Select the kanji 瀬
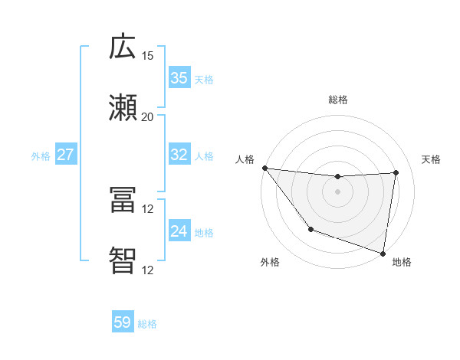pyautogui.click(x=123, y=107)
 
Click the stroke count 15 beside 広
pyautogui.click(x=147, y=56)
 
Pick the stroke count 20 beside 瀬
pyautogui.click(x=147, y=117)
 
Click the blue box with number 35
pyautogui.click(x=179, y=78)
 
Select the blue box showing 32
pyautogui.click(x=179, y=155)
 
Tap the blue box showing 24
pyautogui.click(x=179, y=231)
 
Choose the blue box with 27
pyautogui.click(x=66, y=155)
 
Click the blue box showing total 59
pyautogui.click(x=123, y=322)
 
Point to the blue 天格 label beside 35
pyautogui.click(x=204, y=79)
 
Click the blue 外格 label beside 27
pyautogui.click(x=41, y=155)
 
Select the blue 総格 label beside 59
pyautogui.click(x=147, y=323)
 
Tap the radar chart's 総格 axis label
pyautogui.click(x=337, y=100)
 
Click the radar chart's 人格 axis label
pyautogui.click(x=245, y=159)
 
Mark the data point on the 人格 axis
pyautogui.click(x=264, y=168)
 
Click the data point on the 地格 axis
pyautogui.click(x=383, y=253)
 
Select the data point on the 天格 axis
pyautogui.click(x=396, y=172)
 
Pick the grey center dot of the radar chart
pyautogui.click(x=337, y=191)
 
